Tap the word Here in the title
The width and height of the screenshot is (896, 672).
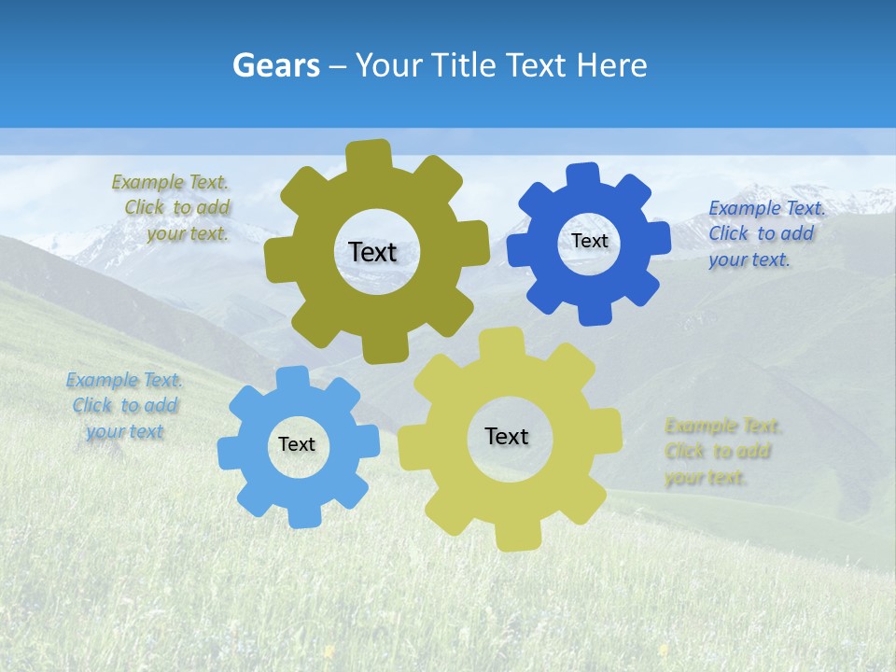611,65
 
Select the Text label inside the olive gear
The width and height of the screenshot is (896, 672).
372,252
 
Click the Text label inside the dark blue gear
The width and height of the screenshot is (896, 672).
589,241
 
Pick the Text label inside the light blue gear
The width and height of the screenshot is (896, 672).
297,445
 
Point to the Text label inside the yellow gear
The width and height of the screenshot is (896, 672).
507,437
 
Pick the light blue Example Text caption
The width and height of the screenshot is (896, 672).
125,406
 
